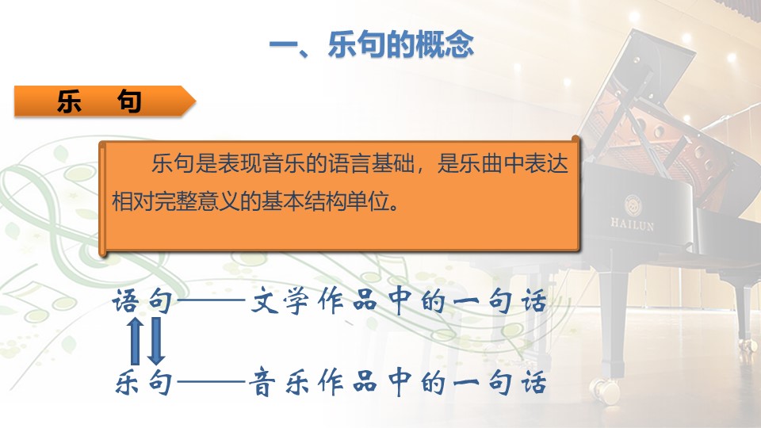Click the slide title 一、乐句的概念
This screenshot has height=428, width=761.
(371, 44)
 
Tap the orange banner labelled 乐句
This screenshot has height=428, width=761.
(105, 101)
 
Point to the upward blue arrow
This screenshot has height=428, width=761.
(136, 341)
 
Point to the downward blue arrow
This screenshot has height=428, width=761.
(156, 341)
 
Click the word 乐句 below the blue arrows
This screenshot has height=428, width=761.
(143, 382)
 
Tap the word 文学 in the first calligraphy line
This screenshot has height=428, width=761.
(279, 301)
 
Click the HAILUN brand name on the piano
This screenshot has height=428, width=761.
(632, 224)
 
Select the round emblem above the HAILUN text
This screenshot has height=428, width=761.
(633, 205)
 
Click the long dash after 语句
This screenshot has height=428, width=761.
(212, 301)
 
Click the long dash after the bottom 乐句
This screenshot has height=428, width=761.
(212, 382)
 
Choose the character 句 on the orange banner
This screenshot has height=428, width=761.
(129, 101)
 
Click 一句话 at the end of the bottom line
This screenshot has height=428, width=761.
(500, 382)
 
